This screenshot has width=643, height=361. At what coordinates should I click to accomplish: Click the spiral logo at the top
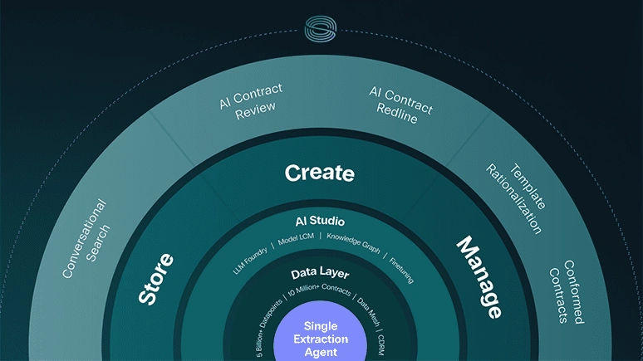321,29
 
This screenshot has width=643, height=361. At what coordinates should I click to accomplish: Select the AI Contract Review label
251,101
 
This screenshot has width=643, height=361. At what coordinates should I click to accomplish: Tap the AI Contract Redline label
400,105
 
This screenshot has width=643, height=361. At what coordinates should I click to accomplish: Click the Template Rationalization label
516,198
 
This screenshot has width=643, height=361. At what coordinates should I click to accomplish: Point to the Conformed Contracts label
567,292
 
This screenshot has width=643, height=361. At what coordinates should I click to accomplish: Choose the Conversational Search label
86,238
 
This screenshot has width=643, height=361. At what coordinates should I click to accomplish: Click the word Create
320,173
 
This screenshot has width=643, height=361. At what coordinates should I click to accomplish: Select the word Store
156,279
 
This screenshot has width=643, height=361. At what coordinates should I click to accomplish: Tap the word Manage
479,277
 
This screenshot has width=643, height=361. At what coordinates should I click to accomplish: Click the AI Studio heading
320,222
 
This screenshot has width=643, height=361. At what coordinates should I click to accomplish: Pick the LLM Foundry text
250,261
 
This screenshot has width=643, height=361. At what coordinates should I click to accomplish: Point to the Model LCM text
296,239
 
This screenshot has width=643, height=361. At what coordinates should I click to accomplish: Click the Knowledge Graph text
353,243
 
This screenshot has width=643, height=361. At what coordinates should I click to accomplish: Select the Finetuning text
401,271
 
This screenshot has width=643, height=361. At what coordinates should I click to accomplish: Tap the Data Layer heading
320,273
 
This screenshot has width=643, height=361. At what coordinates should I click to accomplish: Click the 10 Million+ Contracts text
319,290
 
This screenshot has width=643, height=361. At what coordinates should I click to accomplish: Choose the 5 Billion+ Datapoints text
269,328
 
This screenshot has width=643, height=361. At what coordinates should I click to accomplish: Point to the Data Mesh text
368,311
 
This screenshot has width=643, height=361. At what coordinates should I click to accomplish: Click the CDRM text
381,345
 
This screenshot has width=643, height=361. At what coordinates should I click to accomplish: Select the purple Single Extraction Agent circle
321,333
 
